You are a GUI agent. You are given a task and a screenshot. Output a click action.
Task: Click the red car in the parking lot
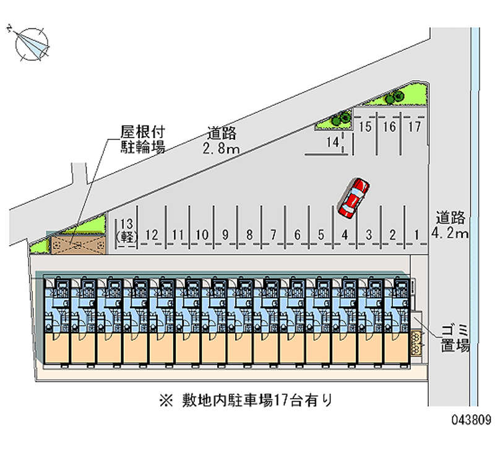pyautogui.click(x=353, y=197)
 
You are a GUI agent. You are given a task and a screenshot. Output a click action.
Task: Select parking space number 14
pyautogui.click(x=334, y=142)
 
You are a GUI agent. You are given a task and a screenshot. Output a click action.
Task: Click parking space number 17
pyautogui.click(x=414, y=128)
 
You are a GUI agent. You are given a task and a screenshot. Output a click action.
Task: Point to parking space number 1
pyautogui.click(x=417, y=234)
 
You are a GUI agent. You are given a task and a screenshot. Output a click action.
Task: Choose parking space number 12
pyautogui.click(x=153, y=235)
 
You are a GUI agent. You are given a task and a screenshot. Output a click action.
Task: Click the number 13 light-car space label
pyautogui.click(x=127, y=229)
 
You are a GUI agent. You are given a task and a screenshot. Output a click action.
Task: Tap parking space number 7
pyautogui.click(x=273, y=235)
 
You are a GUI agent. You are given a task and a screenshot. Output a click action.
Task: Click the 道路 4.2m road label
pyautogui.click(x=450, y=225)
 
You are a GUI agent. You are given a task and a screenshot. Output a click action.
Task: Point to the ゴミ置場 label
pyautogui.click(x=455, y=337)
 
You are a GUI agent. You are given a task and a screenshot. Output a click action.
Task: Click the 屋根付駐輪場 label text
pyautogui.click(x=142, y=139)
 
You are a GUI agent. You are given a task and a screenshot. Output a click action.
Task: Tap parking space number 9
pyautogui.click(x=225, y=235)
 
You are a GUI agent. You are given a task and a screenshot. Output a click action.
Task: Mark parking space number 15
pyautogui.click(x=365, y=128)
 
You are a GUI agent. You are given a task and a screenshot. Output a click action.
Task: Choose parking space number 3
pyautogui.click(x=369, y=235)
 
